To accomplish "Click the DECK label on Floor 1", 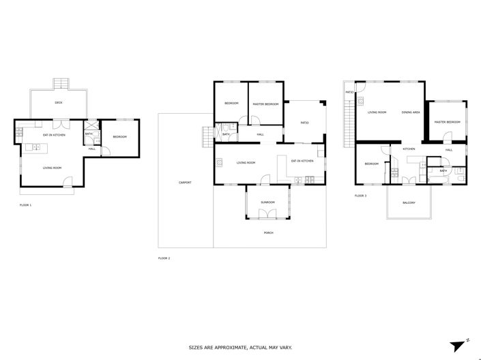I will (59, 103).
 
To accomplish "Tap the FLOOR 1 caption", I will (25, 205).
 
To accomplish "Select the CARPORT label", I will (185, 183).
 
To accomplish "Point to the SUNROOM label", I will (268, 202).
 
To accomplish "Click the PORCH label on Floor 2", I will (268, 233).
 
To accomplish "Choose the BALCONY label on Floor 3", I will (409, 202).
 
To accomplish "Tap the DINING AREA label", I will (411, 112).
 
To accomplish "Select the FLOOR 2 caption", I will (164, 258).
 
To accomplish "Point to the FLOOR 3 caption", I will (360, 196).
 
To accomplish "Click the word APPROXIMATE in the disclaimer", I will (233, 347).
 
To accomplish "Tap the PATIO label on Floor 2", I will (305, 123).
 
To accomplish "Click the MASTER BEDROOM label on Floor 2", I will (266, 104).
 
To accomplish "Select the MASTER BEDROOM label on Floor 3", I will (447, 122).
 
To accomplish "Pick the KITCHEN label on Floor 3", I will (409, 149).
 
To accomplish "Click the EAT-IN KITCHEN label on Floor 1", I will (55, 135).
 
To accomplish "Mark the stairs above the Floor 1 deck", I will (61, 85).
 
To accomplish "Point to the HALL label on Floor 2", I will (261, 135).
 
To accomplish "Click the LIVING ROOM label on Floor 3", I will (377, 112).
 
